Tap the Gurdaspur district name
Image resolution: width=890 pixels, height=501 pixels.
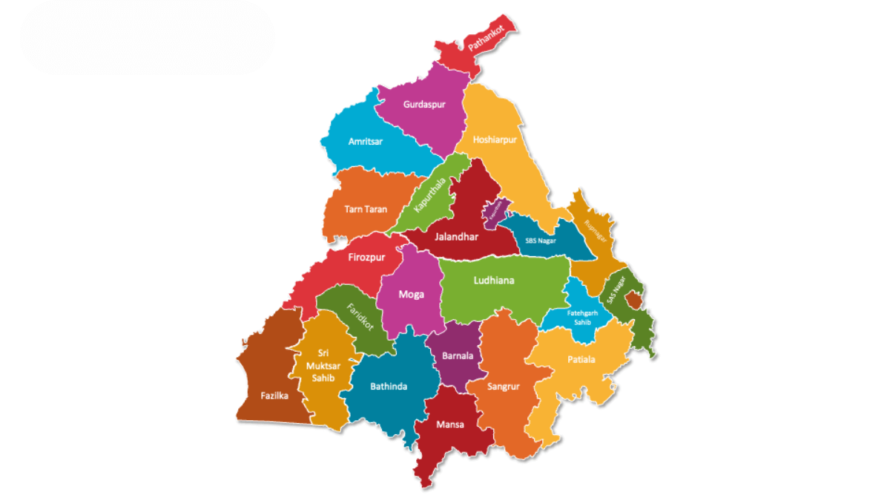[424, 105]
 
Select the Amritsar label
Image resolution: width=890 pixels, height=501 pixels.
[366, 142]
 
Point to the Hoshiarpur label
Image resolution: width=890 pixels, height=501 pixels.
[495, 139]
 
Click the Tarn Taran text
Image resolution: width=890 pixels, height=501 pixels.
[366, 209]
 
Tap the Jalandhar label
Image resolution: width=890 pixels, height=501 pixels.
[457, 237]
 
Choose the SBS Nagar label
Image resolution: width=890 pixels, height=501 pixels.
[541, 240]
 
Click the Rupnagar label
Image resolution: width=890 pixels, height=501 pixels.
[596, 232]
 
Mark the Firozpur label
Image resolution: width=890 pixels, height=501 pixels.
[366, 258]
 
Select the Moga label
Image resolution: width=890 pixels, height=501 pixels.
[412, 295]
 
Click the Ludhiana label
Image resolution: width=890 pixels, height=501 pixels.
[494, 281]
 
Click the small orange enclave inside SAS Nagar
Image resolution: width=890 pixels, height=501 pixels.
[633, 300]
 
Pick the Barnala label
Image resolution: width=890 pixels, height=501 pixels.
[457, 356]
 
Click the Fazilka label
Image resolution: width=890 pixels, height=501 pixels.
[274, 396]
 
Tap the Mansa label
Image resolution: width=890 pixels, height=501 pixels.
[450, 425]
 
